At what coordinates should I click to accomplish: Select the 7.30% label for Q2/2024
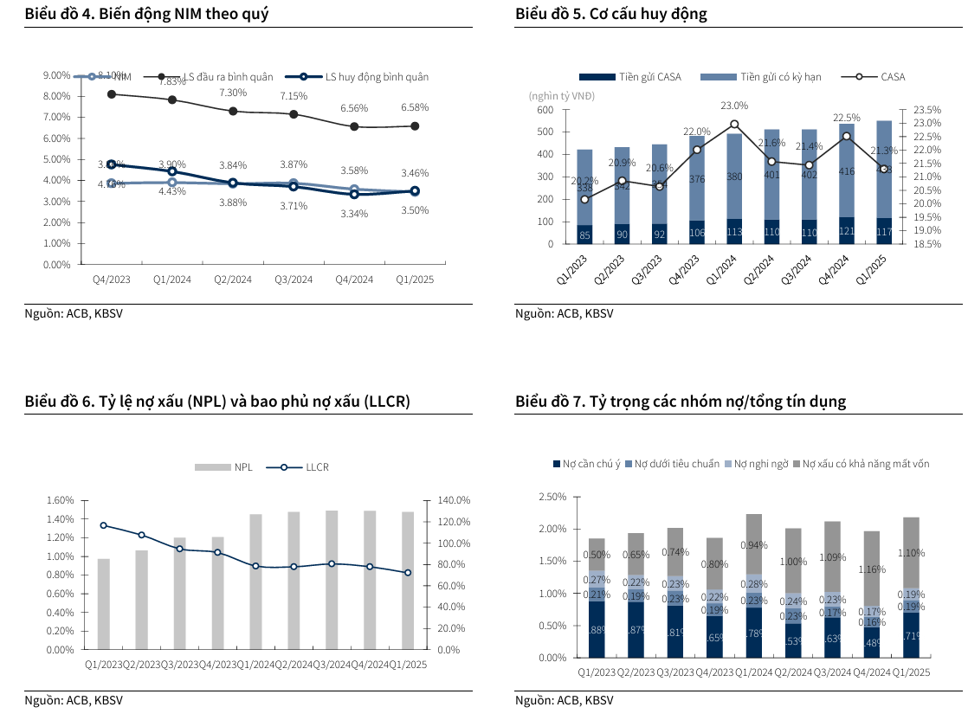[233, 93]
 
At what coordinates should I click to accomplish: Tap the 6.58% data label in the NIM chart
[415, 107]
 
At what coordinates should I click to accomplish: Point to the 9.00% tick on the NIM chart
[56, 75]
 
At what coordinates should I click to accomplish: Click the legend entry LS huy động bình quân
[377, 77]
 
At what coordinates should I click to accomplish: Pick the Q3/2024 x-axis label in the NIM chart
[294, 280]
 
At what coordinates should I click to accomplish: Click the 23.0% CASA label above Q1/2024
[734, 106]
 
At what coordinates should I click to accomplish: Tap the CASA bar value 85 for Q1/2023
[584, 235]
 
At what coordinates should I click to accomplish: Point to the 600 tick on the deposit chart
[545, 110]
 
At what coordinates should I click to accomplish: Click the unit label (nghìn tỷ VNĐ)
[561, 95]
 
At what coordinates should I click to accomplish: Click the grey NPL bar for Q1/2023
[104, 603]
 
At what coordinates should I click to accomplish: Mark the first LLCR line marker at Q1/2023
[104, 525]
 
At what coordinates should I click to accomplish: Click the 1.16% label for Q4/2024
[872, 570]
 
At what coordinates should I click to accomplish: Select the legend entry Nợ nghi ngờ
[761, 465]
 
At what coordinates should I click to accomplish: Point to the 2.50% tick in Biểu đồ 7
[552, 497]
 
